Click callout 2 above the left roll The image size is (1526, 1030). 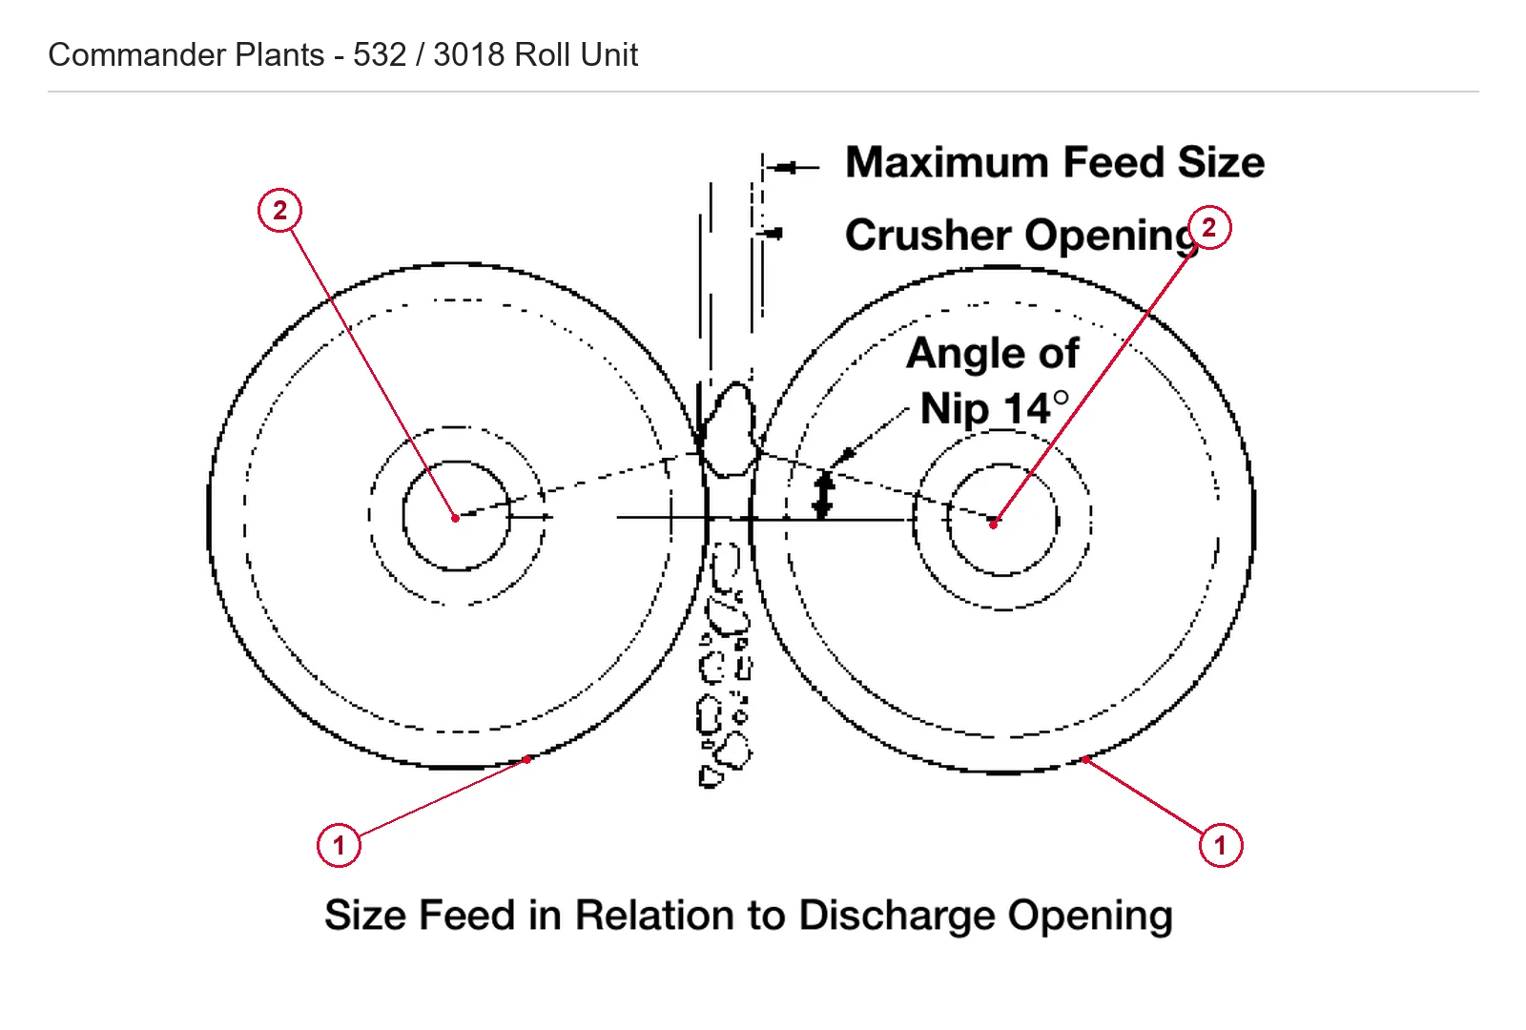pyautogui.click(x=279, y=210)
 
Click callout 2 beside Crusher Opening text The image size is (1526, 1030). pyautogui.click(x=1209, y=228)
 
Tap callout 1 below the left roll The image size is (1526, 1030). pyautogui.click(x=339, y=845)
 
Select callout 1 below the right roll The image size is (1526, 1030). pyautogui.click(x=1221, y=845)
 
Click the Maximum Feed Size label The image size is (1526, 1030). pyautogui.click(x=1055, y=163)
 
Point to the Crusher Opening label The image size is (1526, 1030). pyautogui.click(x=1021, y=236)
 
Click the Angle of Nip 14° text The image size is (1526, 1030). pyautogui.click(x=993, y=381)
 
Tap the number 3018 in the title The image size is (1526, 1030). pyautogui.click(x=468, y=54)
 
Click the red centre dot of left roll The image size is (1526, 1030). pyautogui.click(x=456, y=519)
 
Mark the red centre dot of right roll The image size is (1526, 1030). pyautogui.click(x=994, y=524)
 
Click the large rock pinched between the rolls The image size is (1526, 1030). pyautogui.click(x=729, y=429)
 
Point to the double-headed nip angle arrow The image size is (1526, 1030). pyautogui.click(x=824, y=494)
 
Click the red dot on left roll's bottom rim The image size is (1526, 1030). pyautogui.click(x=527, y=759)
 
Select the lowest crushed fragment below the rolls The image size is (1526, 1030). pyautogui.click(x=710, y=777)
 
